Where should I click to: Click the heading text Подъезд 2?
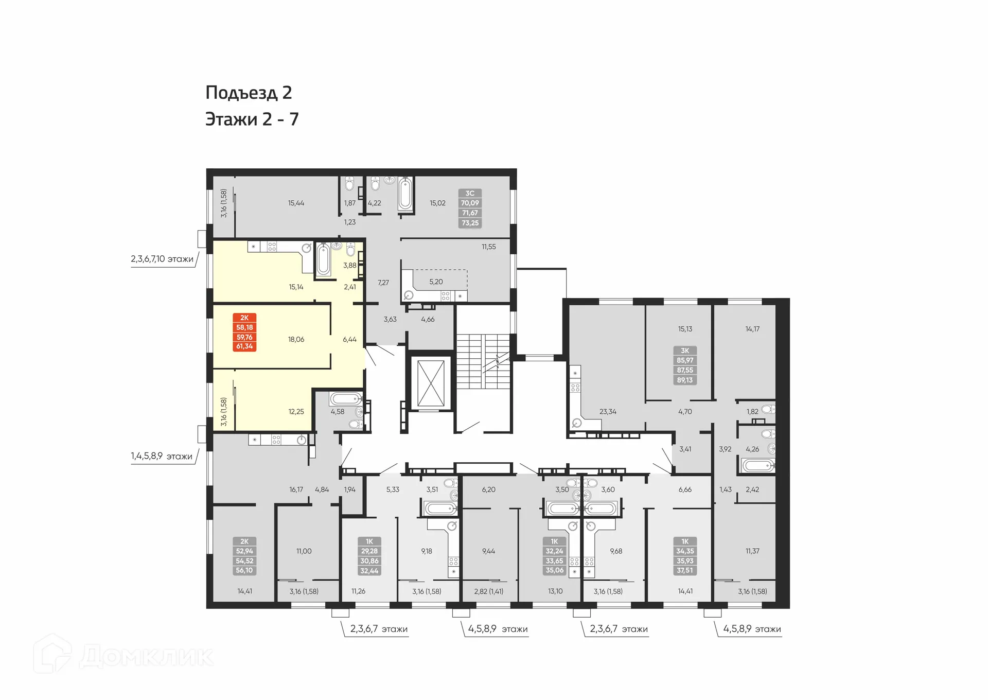click(249, 93)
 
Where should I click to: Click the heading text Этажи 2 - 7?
click(252, 119)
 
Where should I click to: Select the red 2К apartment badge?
click(244, 332)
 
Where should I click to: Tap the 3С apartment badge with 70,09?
click(470, 208)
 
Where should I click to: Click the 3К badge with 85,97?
click(685, 365)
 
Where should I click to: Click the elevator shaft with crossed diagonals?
click(431, 383)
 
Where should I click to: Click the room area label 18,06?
click(296, 339)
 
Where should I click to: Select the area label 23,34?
click(608, 411)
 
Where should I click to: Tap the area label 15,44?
click(296, 203)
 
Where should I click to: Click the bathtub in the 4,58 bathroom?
click(346, 399)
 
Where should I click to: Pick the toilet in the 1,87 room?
click(349, 184)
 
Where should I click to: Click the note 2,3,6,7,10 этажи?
click(162, 259)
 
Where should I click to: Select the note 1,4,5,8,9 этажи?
click(162, 456)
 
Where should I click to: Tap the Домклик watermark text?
click(146, 657)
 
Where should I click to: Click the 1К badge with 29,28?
click(369, 556)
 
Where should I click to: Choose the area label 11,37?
click(752, 551)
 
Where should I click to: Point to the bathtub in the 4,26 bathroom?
click(758, 466)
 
